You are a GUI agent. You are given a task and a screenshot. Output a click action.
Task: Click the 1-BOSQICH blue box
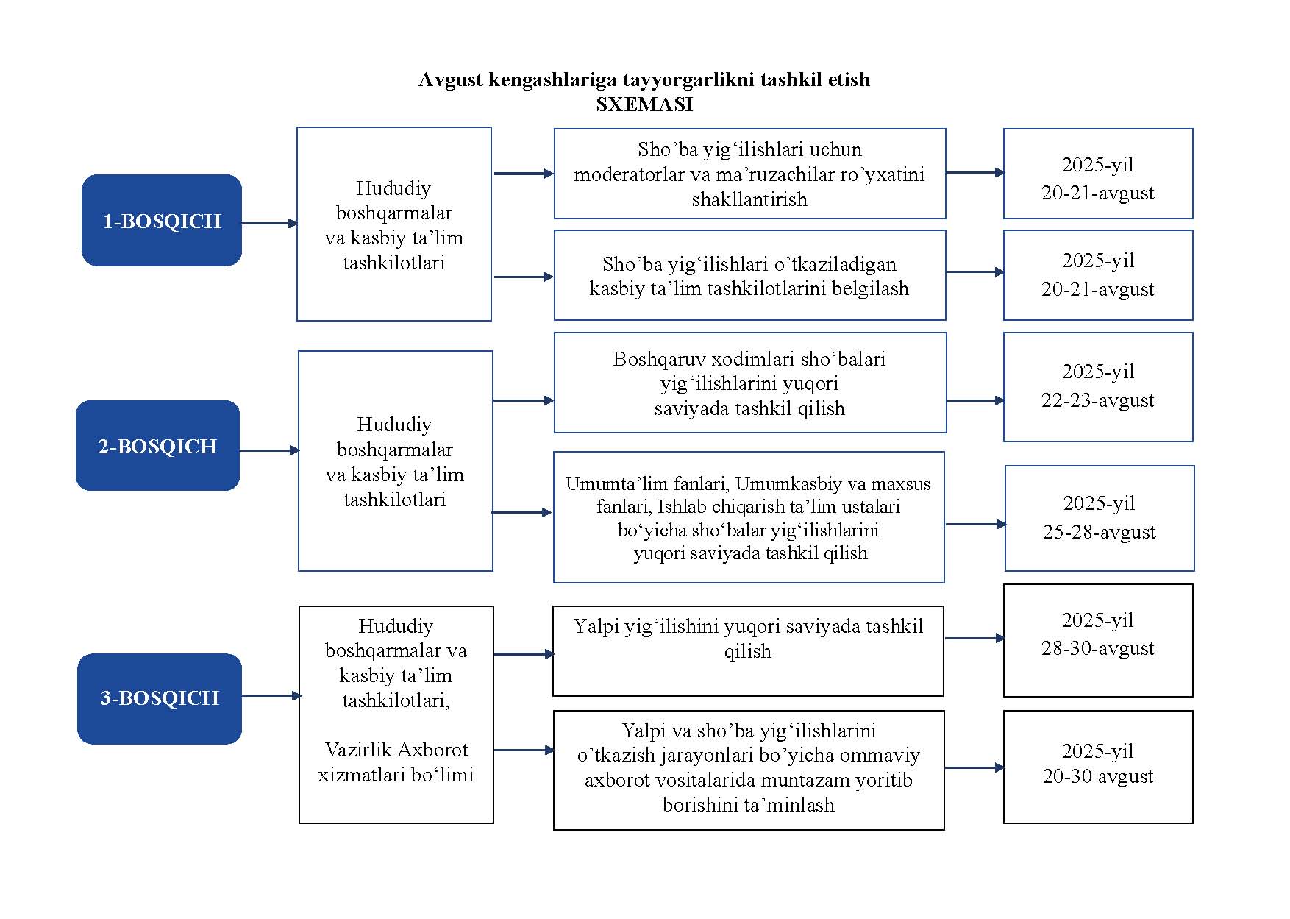coord(162,220)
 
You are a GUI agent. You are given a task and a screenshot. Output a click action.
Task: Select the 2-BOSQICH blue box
coord(158,445)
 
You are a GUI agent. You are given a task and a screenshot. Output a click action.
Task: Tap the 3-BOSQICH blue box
coord(160,698)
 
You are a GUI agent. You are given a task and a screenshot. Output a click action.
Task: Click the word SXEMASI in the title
coord(644,104)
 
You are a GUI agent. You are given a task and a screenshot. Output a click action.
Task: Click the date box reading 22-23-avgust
coord(1098,387)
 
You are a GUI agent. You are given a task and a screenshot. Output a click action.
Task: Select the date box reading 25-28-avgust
coord(1100,518)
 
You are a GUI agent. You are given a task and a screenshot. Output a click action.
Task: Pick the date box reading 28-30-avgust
coord(1098,640)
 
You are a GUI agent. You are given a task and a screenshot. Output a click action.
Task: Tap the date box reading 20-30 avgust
coord(1098,767)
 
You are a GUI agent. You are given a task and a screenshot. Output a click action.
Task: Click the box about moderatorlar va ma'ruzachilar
coord(749,174)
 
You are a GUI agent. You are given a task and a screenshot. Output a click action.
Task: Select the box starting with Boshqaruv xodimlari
coord(749,383)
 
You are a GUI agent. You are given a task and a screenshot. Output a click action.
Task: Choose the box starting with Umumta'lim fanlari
coord(749,517)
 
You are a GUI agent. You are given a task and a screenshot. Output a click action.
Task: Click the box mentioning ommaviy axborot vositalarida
coord(749,770)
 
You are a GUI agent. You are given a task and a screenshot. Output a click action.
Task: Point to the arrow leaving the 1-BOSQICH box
coord(270,223)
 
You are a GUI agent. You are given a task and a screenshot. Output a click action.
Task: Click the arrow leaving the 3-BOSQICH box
coord(272,695)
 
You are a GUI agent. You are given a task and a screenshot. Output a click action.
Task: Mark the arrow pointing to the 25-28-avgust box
coord(976,525)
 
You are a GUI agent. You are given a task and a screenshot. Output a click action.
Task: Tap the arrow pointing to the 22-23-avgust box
coord(975,401)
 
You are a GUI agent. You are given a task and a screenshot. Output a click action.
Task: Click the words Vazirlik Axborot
coord(396,750)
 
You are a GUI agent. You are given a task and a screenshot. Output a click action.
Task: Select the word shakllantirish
coord(749,199)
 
